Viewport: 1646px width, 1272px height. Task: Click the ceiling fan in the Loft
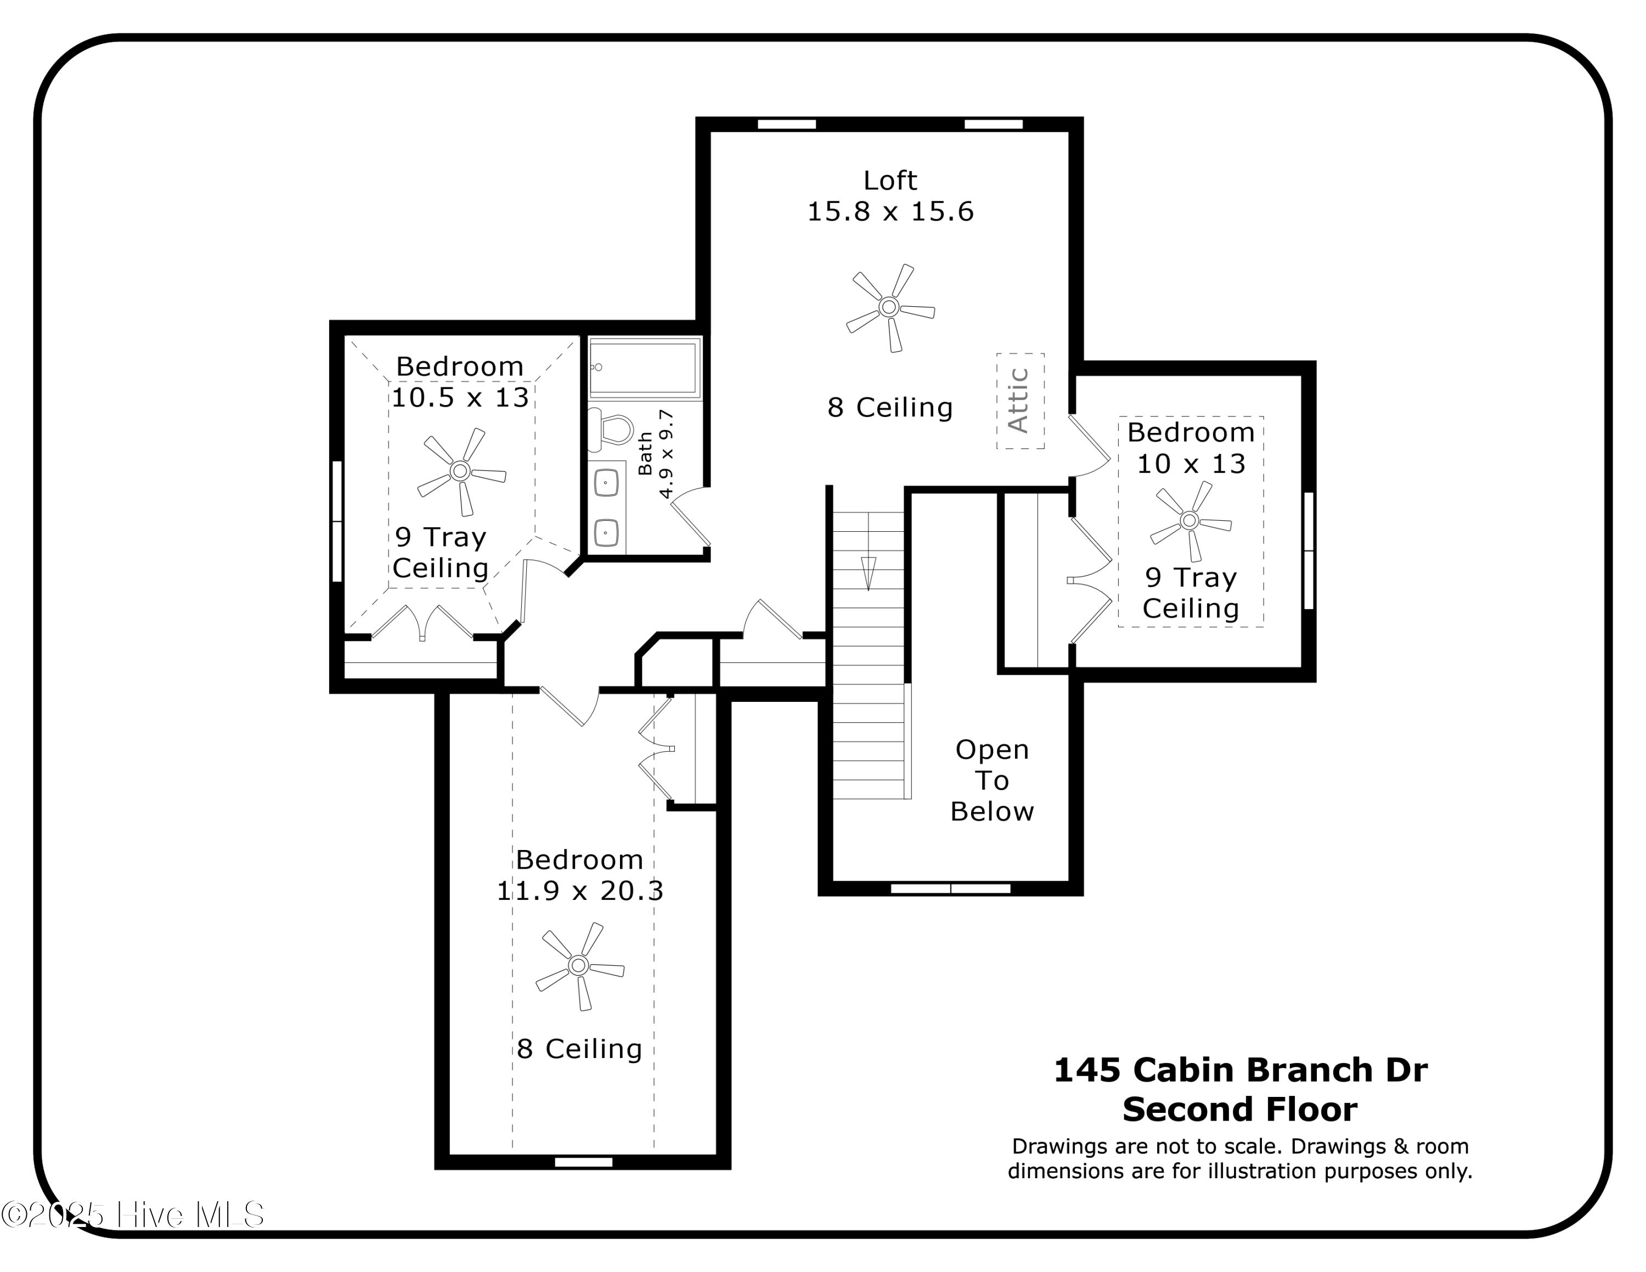pos(889,307)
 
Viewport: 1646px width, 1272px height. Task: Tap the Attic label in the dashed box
pos(1019,401)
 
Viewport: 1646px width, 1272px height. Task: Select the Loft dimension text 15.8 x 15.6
pos(890,212)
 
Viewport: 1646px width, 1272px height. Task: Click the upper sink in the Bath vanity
pos(607,483)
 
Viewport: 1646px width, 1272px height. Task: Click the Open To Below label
pos(992,781)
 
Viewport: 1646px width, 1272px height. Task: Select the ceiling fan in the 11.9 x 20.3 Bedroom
pos(579,965)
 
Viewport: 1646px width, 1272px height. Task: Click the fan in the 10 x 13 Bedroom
pos(1190,521)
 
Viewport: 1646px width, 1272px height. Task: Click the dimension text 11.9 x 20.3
pos(579,892)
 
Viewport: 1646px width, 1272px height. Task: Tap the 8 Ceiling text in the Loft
pos(890,408)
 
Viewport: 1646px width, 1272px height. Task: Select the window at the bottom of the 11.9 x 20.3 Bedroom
pos(583,1162)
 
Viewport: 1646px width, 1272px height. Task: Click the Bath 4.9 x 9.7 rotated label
pos(656,454)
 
